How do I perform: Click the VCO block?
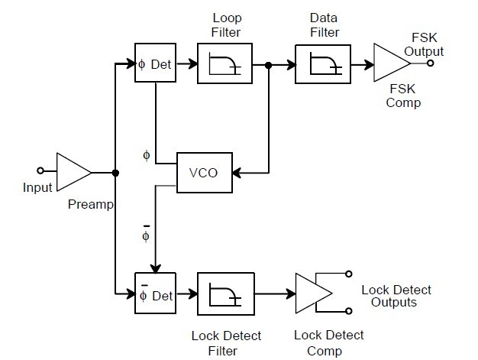202,172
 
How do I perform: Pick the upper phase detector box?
155,64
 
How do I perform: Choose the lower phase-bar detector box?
155,293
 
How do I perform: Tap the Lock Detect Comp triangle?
311,293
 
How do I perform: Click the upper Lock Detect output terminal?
349,274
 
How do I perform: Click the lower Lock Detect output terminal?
349,311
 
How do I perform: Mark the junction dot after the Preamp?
115,173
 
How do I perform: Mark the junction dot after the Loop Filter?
268,64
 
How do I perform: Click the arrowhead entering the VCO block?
237,172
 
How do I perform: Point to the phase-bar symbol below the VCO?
146,233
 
